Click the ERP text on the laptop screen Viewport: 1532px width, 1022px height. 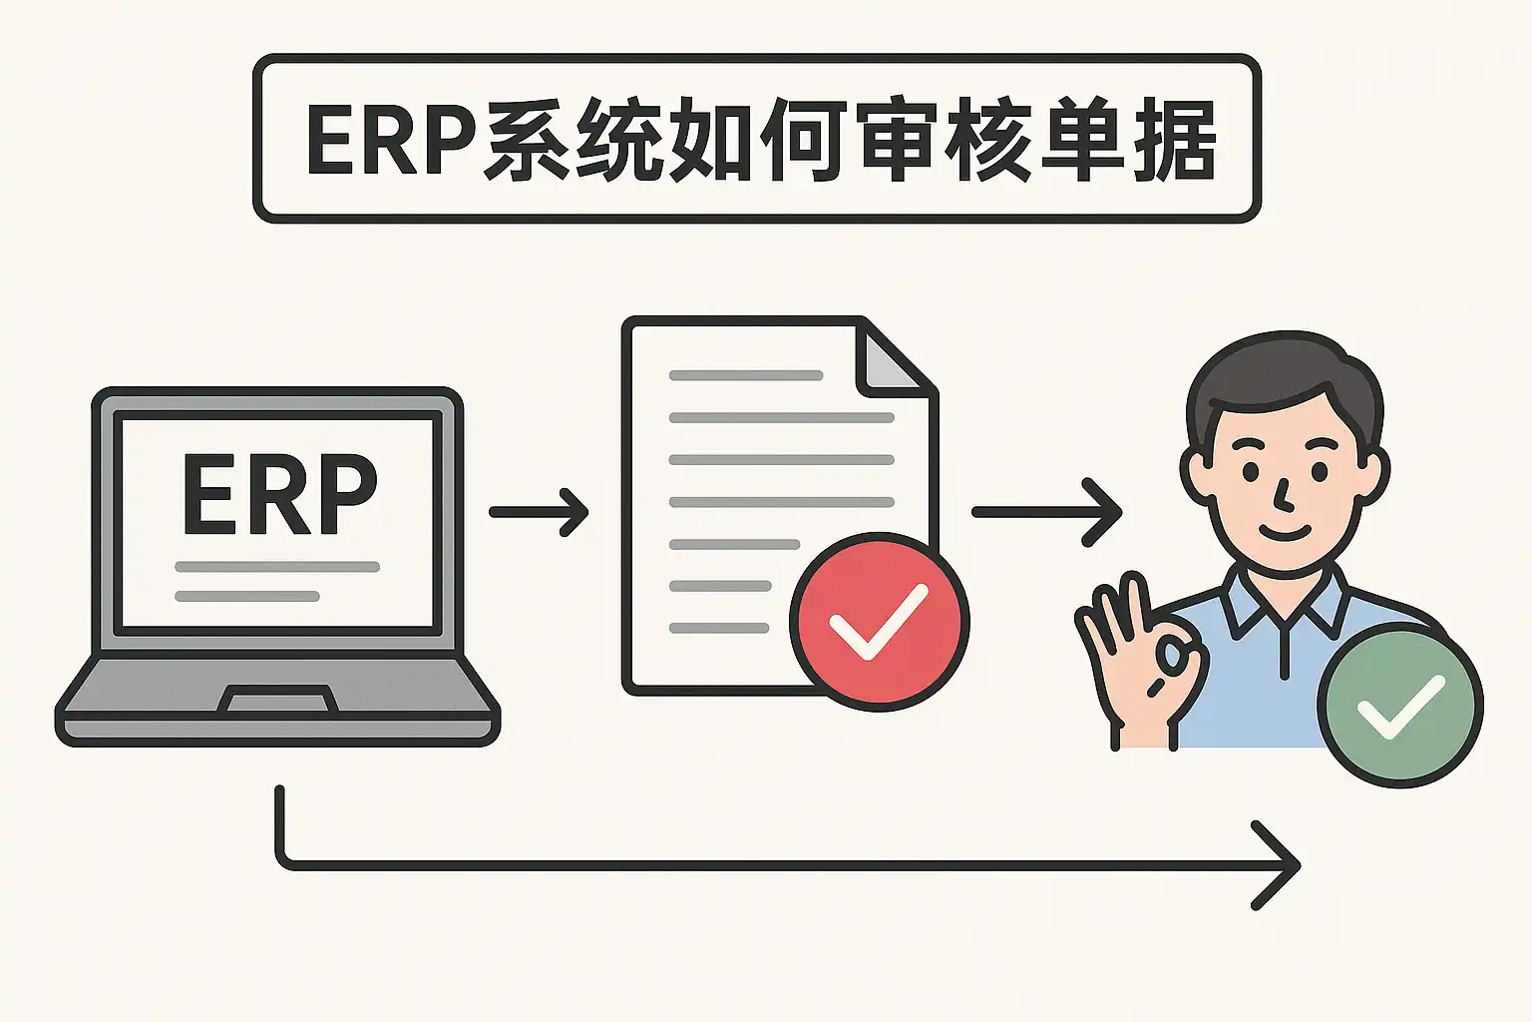(279, 495)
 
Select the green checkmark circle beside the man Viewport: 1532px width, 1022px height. (1400, 705)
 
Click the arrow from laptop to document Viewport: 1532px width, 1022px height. (540, 512)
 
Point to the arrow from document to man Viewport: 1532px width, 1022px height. (1047, 512)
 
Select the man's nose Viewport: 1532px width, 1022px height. (1284, 491)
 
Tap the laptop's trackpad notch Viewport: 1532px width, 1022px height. (277, 700)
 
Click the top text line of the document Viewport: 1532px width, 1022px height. (745, 375)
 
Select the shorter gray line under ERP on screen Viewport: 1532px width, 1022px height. (246, 597)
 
